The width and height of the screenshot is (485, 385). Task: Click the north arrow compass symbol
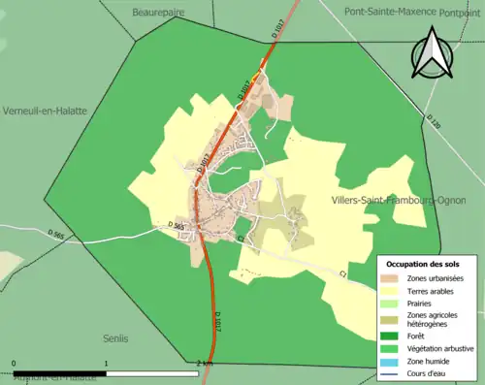[435, 54]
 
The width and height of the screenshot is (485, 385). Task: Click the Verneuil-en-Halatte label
[45, 111]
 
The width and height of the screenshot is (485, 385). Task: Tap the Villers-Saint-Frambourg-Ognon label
[385, 201]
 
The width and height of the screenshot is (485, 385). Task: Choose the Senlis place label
[115, 338]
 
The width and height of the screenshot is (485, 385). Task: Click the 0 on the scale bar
[15, 363]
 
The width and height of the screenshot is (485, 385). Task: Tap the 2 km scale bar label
[204, 363]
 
